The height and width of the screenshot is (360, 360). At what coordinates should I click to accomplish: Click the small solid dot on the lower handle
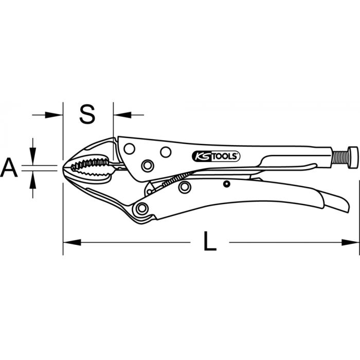[225, 184]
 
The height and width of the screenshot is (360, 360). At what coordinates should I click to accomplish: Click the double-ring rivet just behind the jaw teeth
[148, 165]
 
